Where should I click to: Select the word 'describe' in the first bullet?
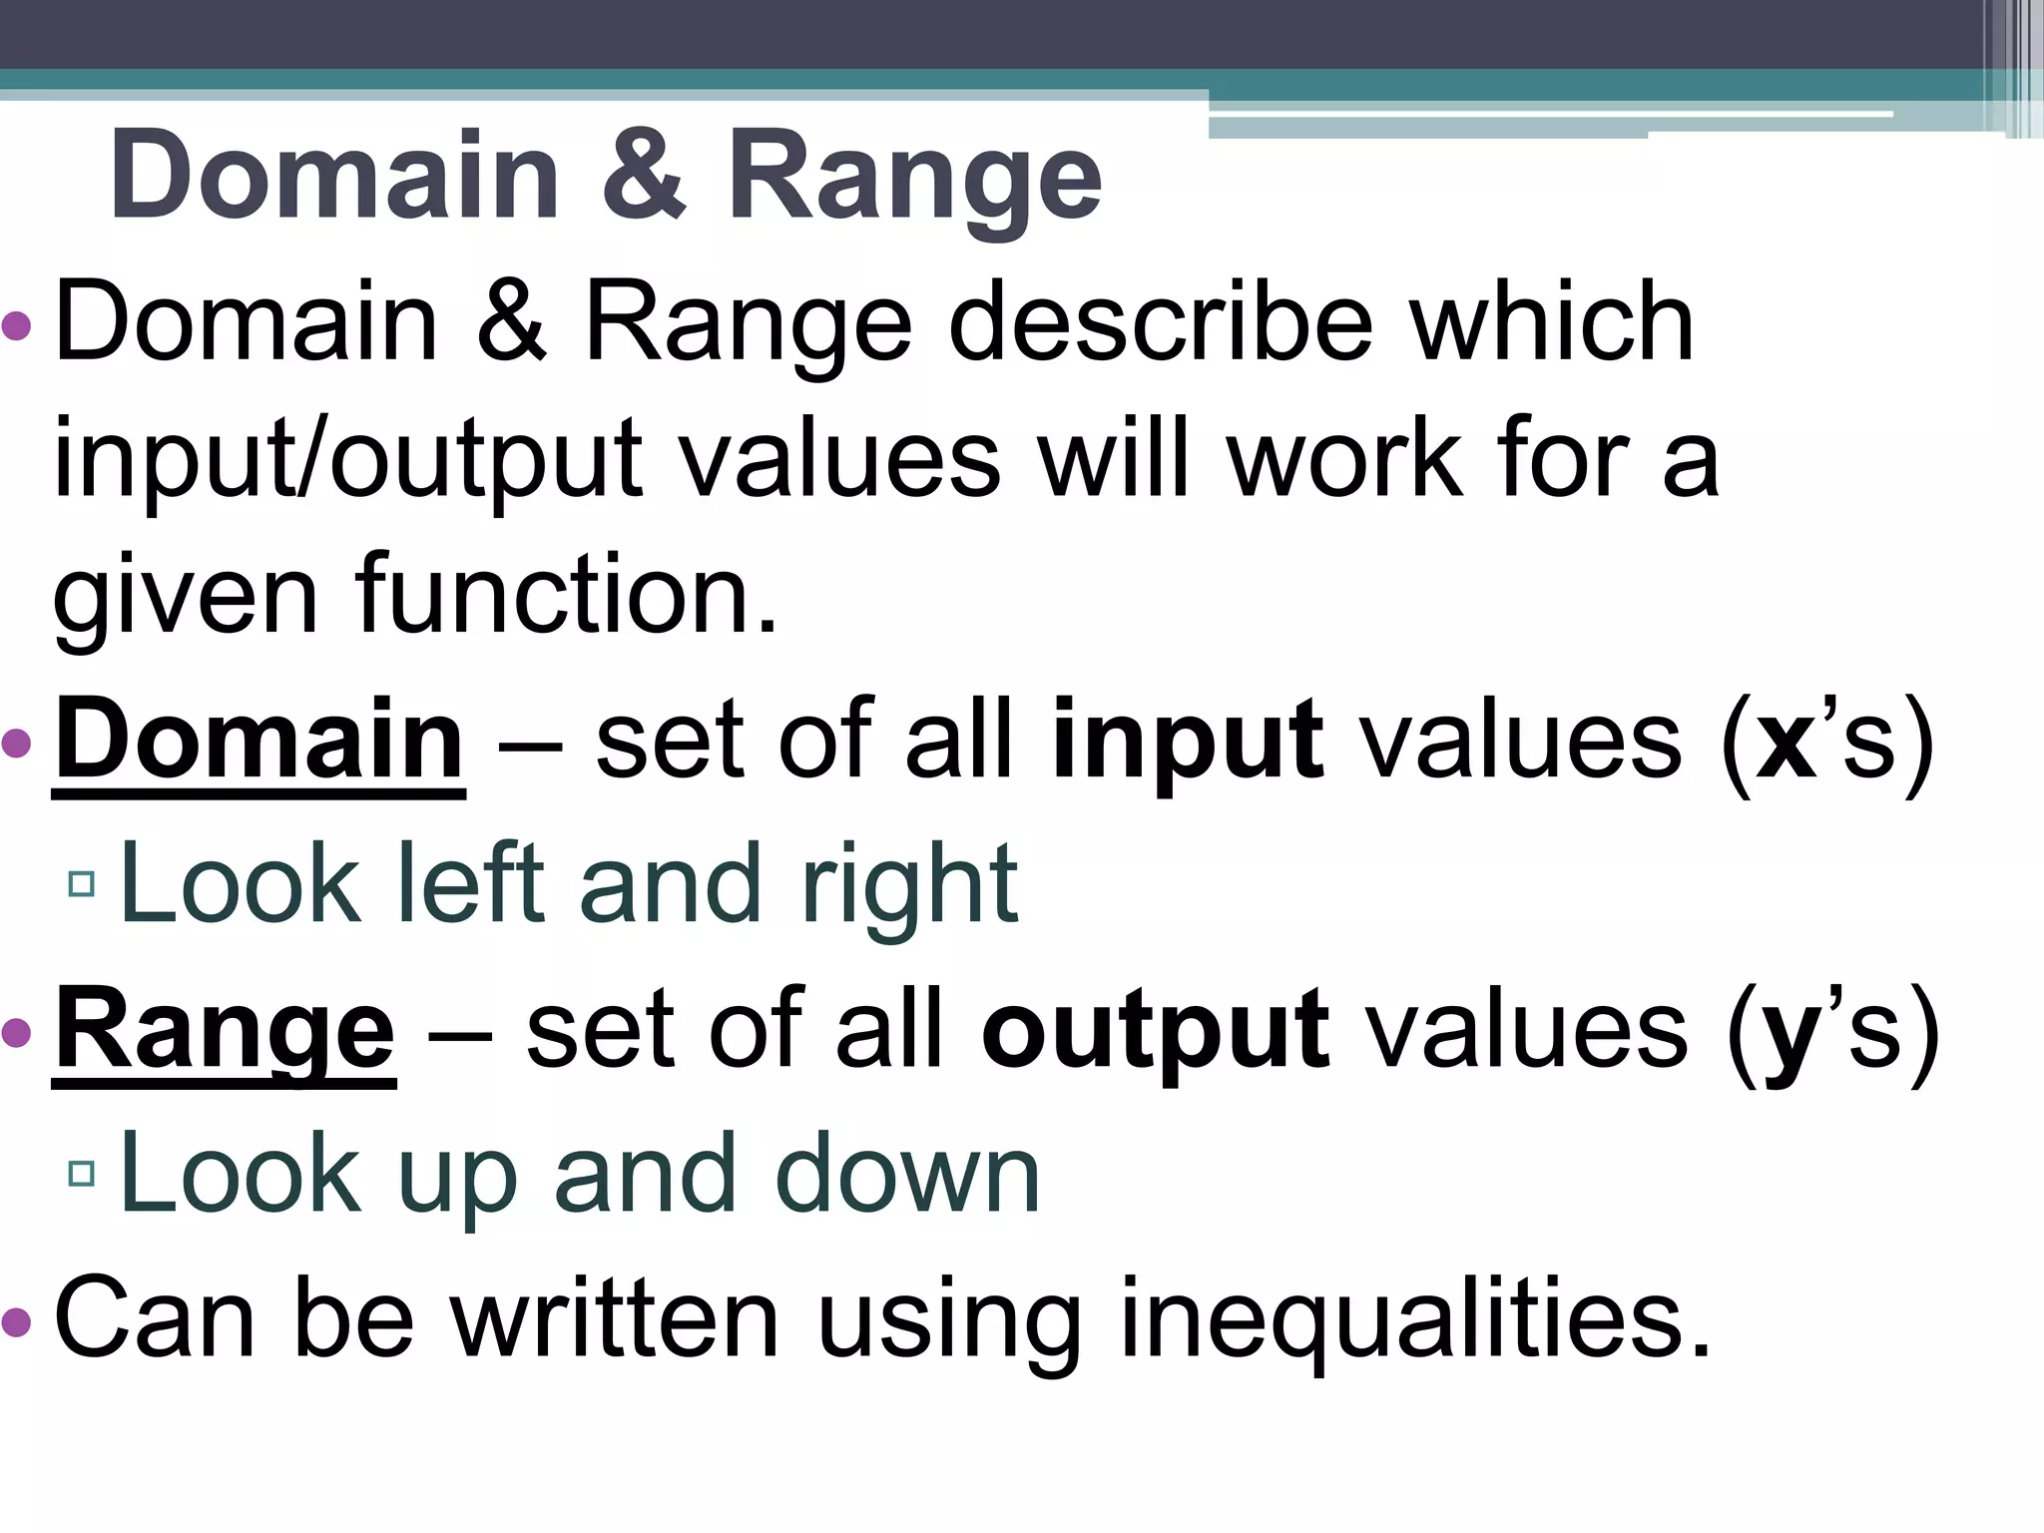click(1159, 323)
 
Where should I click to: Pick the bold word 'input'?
click(1187, 745)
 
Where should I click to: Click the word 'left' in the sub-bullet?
click(468, 884)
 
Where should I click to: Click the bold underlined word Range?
click(225, 1032)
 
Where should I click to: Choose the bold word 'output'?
click(1155, 1034)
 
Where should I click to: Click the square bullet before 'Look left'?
click(82, 884)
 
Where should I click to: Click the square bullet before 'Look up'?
click(82, 1174)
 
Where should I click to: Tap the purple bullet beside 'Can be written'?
click(17, 1322)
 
